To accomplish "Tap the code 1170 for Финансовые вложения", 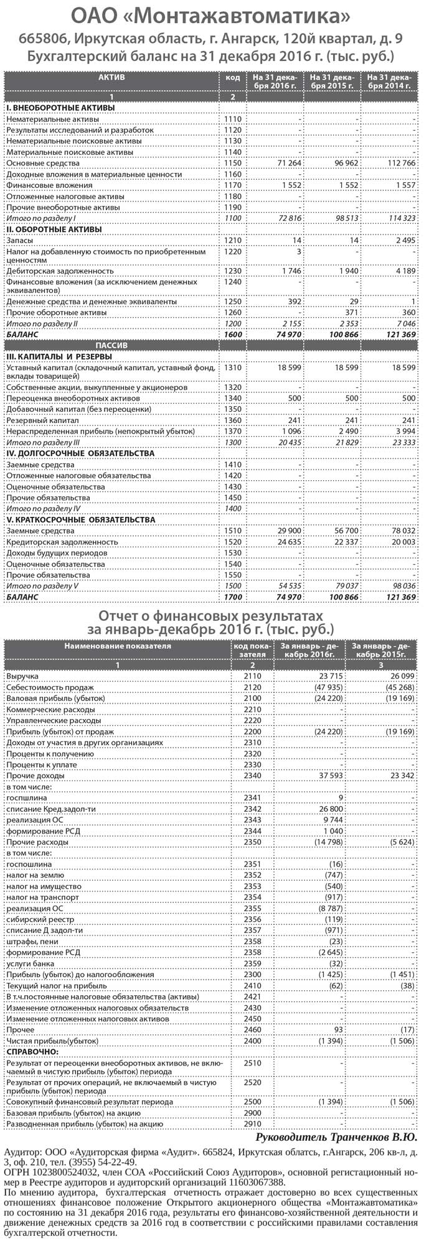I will pos(232,185).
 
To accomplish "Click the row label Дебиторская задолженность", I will pos(60,271).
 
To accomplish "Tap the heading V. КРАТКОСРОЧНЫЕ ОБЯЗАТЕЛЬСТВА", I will pos(81,520).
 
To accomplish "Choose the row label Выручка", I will pos(22,676).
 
